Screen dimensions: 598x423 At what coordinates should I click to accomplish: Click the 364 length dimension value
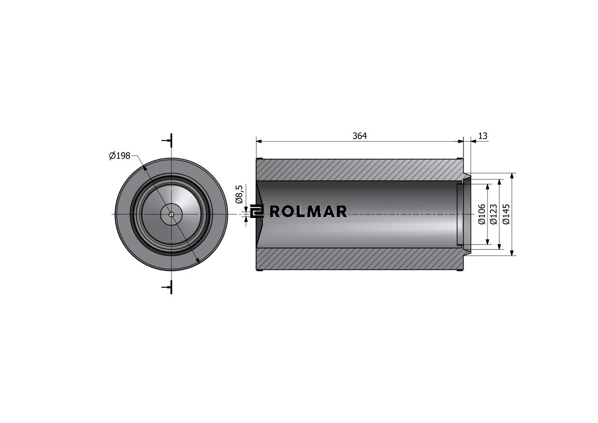(x=360, y=136)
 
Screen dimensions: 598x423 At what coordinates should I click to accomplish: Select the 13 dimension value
(x=483, y=136)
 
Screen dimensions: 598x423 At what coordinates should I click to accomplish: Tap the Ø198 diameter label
(x=119, y=156)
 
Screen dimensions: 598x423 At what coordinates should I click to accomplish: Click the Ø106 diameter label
(x=482, y=214)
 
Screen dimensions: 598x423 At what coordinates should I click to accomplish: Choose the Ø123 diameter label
(x=494, y=214)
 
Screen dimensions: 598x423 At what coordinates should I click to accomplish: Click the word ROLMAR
(x=308, y=211)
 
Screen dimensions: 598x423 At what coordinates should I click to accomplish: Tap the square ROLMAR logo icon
(x=257, y=211)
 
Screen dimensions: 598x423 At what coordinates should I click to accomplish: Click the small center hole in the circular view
(x=172, y=214)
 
